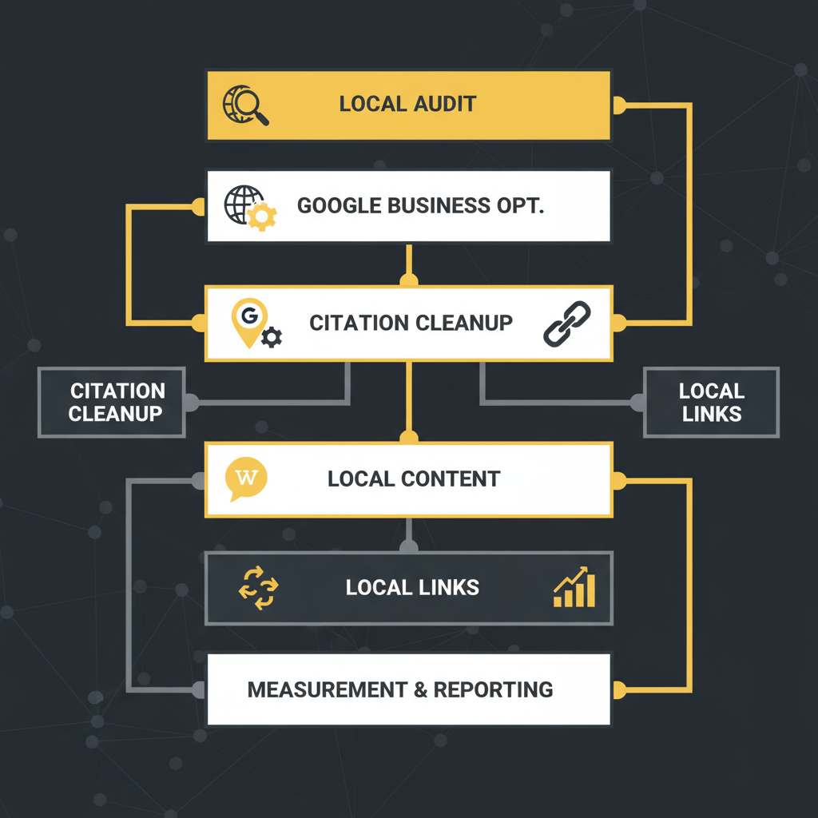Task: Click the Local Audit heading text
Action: pyautogui.click(x=407, y=104)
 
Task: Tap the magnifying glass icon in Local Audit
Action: pyautogui.click(x=248, y=105)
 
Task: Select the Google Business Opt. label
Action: pyautogui.click(x=420, y=205)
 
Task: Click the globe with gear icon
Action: pyautogui.click(x=249, y=207)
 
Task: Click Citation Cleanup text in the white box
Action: pyautogui.click(x=411, y=323)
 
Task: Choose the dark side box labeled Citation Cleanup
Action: pyautogui.click(x=112, y=402)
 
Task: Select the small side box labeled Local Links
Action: pyautogui.click(x=711, y=402)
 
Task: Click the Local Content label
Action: pyautogui.click(x=414, y=479)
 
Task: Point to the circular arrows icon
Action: pyautogui.click(x=258, y=589)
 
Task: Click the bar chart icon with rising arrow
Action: pyautogui.click(x=574, y=588)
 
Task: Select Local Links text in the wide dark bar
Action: pyautogui.click(x=412, y=589)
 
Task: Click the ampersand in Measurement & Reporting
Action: pyautogui.click(x=420, y=689)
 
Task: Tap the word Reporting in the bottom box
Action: pyautogui.click(x=493, y=689)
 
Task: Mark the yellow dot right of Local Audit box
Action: pyautogui.click(x=618, y=104)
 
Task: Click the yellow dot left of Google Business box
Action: pyautogui.click(x=198, y=207)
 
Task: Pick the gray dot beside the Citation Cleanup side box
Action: pyautogui.click(x=192, y=402)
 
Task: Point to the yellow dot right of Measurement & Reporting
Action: pyautogui.click(x=618, y=689)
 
